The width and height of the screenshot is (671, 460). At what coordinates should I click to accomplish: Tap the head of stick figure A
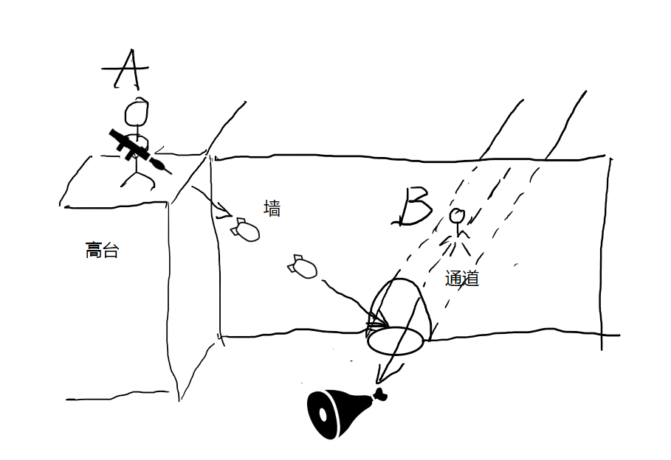pos(137,112)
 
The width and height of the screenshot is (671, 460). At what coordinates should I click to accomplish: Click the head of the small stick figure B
pos(458,216)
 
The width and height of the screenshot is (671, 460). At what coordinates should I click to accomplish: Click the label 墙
pos(272,209)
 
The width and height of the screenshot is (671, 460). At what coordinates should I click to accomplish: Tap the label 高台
pos(102,251)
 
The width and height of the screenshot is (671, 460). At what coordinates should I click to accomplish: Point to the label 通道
pos(462,279)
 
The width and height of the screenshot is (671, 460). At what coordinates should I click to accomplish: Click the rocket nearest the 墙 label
pos(244,230)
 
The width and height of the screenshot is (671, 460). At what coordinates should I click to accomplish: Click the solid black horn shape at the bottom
pos(336,414)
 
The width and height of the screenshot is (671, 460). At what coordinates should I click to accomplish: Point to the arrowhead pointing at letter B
pos(402,219)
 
